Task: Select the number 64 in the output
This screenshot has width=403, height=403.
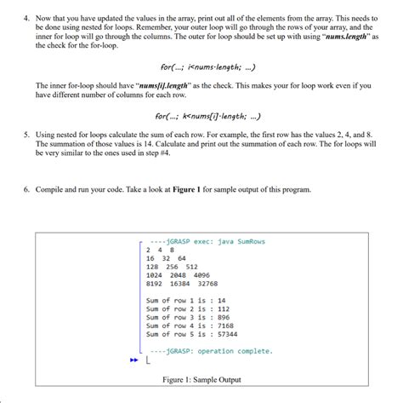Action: point(182,258)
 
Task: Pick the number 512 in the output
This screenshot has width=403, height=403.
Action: point(193,267)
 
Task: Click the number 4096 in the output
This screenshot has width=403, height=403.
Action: point(201,275)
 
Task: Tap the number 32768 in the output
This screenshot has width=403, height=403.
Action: point(207,284)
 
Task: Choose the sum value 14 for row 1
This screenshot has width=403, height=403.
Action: point(222,301)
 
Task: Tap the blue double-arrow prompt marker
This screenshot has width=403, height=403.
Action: point(133,360)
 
